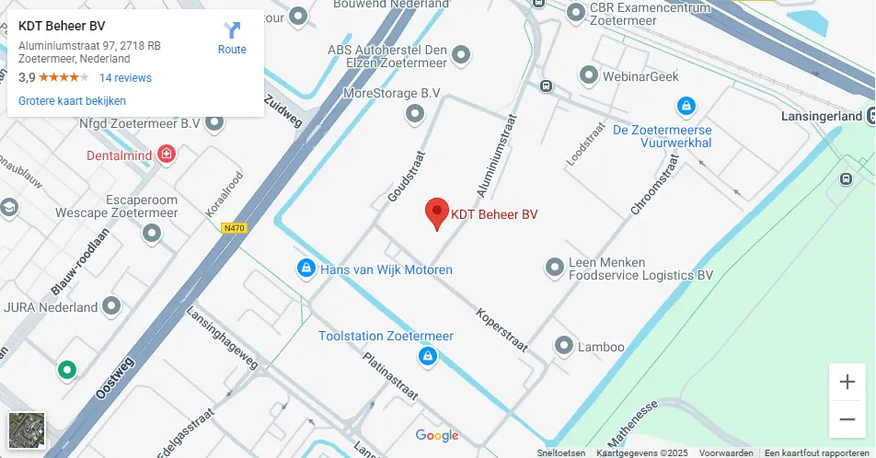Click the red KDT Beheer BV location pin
click(436, 212)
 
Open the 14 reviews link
click(125, 78)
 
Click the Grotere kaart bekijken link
click(72, 101)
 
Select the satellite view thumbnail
click(26, 430)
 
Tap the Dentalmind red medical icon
click(167, 155)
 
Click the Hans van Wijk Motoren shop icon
click(305, 269)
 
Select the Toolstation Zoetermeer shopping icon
click(427, 355)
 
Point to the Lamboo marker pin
click(563, 346)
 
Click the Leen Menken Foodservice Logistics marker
click(554, 268)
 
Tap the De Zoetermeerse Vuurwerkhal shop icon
click(686, 107)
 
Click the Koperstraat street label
click(501, 329)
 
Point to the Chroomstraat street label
click(654, 185)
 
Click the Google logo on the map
click(437, 436)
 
